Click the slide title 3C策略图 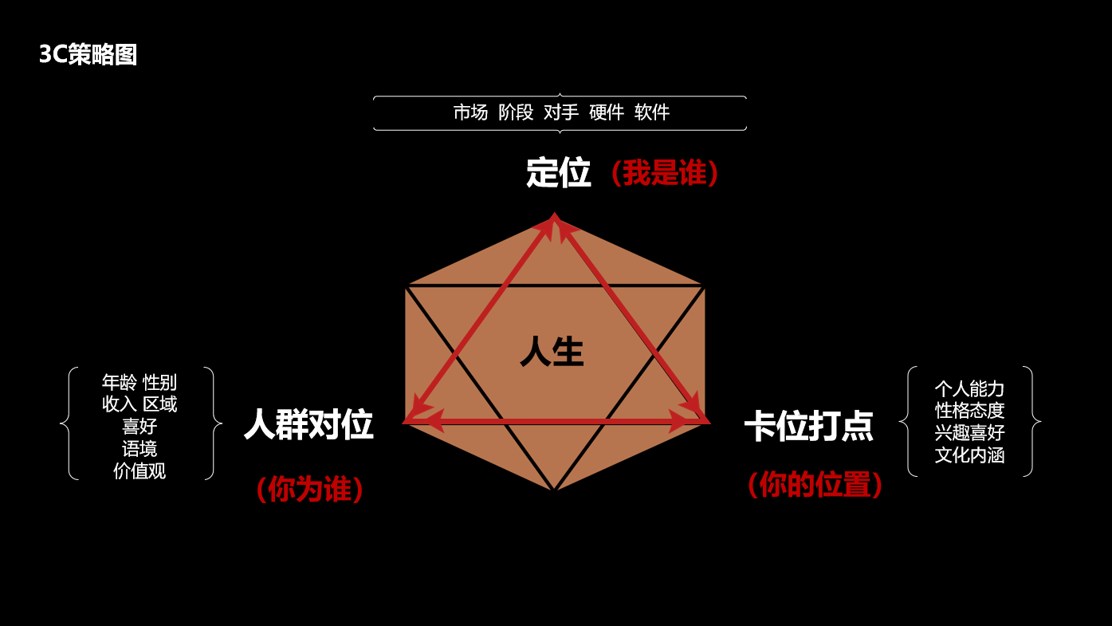88,54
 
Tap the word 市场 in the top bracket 470,112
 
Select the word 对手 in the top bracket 561,112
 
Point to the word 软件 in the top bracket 652,112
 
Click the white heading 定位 558,173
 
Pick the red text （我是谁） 664,173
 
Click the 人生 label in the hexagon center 552,352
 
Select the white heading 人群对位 308,425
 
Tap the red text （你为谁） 309,490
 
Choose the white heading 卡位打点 808,427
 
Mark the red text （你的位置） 815,485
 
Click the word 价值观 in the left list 139,471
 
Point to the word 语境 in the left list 139,449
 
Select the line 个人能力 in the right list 969,389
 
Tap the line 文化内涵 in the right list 969,456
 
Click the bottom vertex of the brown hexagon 554,489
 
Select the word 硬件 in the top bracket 607,112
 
